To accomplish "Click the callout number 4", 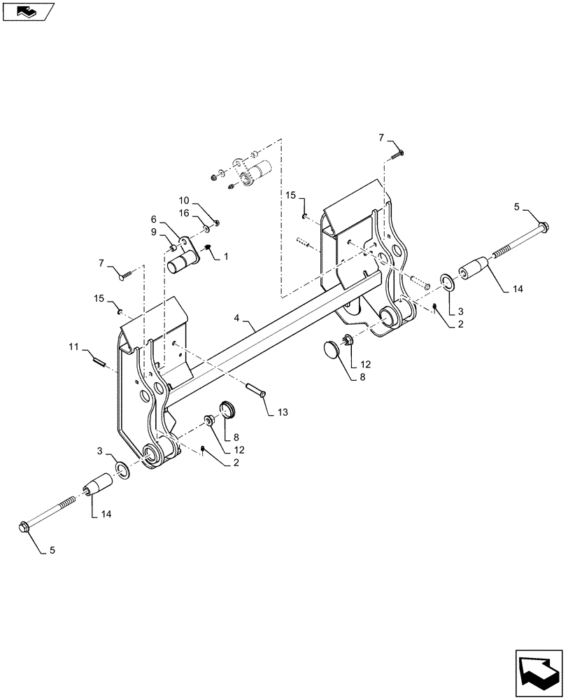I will point(237,318).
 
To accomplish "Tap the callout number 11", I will point(73,346).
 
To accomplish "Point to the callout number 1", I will point(226,258).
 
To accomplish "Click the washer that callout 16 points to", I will point(208,228).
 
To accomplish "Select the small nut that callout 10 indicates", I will point(218,223).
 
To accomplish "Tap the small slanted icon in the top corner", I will point(28,10).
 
